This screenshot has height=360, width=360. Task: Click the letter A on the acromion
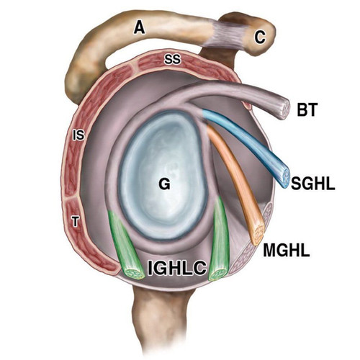[x=140, y=27]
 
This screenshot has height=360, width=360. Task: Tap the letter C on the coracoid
[x=261, y=38]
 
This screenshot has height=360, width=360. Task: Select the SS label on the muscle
[x=172, y=59]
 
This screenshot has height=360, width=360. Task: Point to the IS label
[x=78, y=135]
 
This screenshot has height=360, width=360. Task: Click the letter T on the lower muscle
[x=76, y=221]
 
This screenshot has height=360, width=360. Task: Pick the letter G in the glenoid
[x=164, y=184]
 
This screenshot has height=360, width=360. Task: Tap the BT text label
[x=307, y=109]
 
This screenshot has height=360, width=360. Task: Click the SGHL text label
[x=313, y=184]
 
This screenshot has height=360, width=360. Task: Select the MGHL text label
[x=287, y=251]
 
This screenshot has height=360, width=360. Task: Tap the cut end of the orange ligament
[x=258, y=235]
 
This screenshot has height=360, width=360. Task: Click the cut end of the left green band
[x=134, y=274]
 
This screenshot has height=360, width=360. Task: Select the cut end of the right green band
[x=217, y=274]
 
